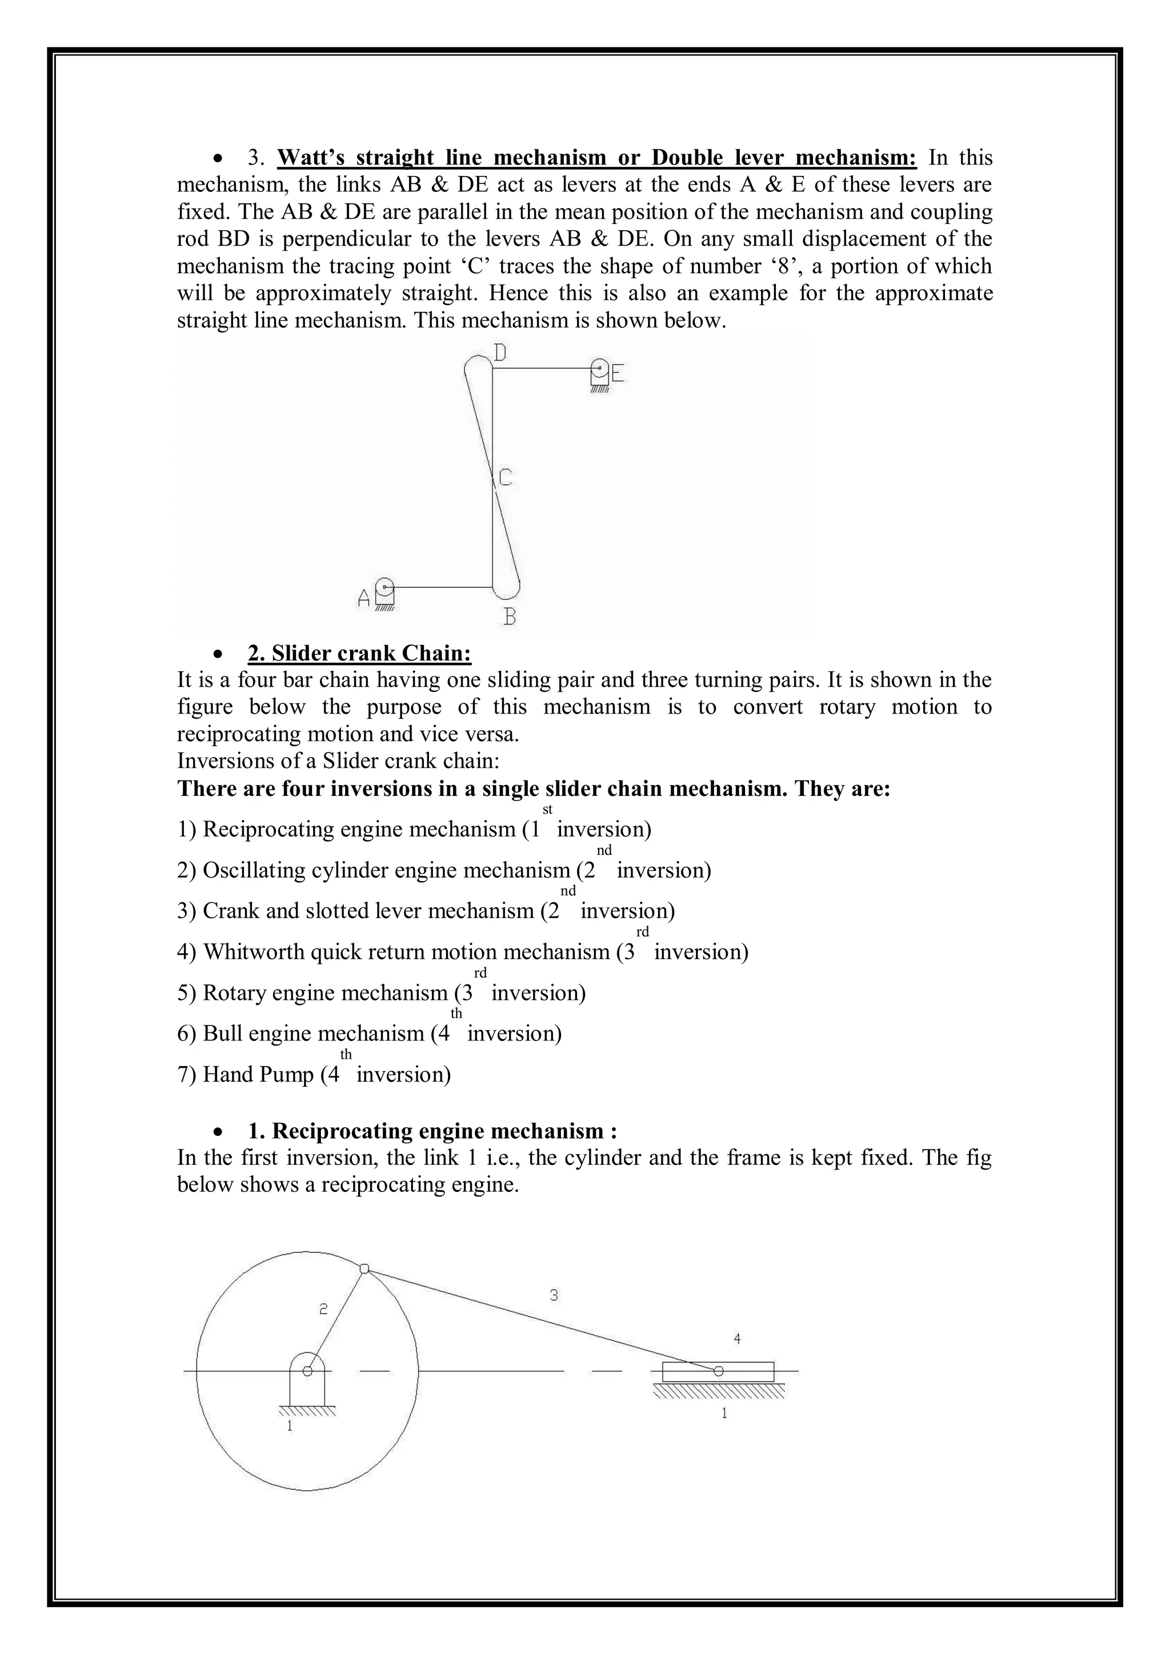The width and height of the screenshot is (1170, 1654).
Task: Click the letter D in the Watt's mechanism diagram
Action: click(x=500, y=353)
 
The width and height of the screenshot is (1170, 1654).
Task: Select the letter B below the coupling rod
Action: click(x=510, y=616)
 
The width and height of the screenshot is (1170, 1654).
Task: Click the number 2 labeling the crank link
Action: click(x=324, y=1309)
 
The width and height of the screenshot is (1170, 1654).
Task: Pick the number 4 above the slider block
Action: click(x=737, y=1339)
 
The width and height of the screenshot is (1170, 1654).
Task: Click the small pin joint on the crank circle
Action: click(x=364, y=1268)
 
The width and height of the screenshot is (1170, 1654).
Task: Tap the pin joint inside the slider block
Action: click(x=718, y=1371)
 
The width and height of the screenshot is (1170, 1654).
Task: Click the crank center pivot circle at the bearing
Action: click(x=307, y=1371)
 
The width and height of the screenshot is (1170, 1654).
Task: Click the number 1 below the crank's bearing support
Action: click(x=290, y=1425)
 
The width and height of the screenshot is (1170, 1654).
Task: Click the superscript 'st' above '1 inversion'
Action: click(x=547, y=810)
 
